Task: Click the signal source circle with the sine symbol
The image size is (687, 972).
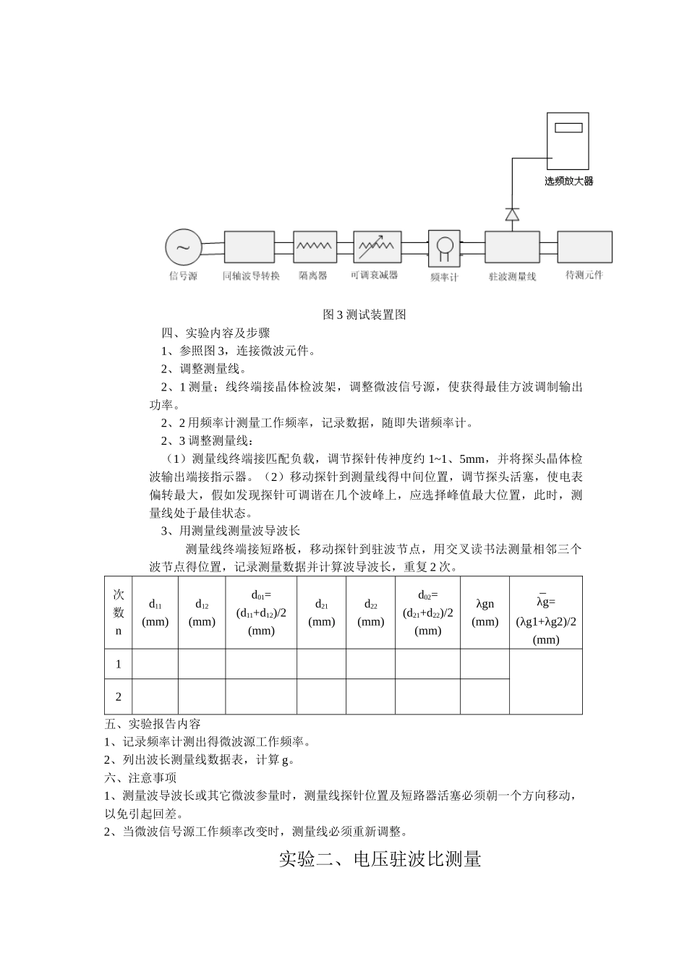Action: pos(184,247)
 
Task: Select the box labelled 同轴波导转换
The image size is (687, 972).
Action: pos(249,247)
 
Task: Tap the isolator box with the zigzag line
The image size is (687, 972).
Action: pos(314,247)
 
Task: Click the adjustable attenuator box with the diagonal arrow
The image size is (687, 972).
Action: pos(377,247)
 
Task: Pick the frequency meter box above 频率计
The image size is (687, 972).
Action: pos(444,247)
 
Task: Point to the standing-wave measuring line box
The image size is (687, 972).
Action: pos(512,247)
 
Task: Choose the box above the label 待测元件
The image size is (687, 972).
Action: pos(584,247)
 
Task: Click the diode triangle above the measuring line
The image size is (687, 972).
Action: pos(512,214)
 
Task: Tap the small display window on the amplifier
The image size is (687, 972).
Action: pos(568,128)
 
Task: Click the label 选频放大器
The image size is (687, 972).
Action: pos(568,181)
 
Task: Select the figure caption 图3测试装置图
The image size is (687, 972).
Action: pos(364,315)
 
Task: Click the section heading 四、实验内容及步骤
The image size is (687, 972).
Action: pos(216,333)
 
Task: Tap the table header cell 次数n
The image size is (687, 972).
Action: pos(119,612)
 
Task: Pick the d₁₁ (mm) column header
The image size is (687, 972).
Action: pos(155,612)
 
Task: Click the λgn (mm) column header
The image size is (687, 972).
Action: pos(485,612)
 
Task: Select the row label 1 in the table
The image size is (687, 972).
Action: pos(119,664)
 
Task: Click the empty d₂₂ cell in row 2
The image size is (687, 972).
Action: pos(370,697)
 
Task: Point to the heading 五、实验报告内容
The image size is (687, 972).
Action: pos(153,723)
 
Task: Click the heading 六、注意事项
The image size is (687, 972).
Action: pos(140,777)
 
